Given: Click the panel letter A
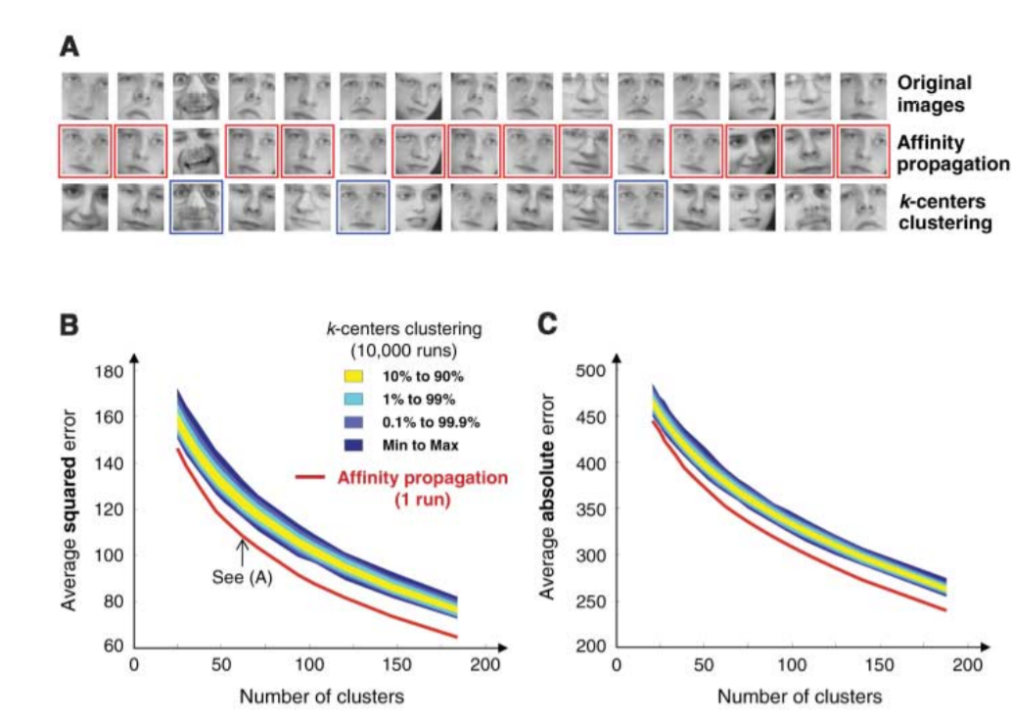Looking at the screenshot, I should click(x=69, y=46).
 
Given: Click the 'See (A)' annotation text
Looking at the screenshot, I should click(x=241, y=577).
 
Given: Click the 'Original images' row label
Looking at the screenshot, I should click(x=934, y=94).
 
